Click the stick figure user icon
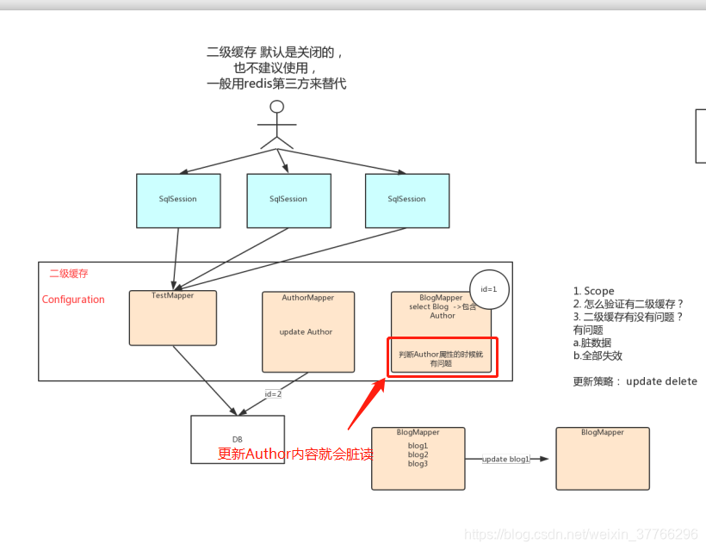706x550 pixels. pos(276,125)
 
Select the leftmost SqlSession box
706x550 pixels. pos(178,201)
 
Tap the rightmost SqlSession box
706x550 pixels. pos(406,201)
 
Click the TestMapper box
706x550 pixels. pos(173,318)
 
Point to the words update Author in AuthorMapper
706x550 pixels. pos(307,332)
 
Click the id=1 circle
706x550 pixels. pos(489,289)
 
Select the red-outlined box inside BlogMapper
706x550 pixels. pos(442,356)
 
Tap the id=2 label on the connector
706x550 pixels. pos(273,393)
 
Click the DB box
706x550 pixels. pos(238,439)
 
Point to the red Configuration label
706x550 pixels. pos(73,300)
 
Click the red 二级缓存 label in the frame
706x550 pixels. pos(69,274)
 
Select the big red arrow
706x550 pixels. pos(366,403)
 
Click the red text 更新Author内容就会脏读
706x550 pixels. pos(295,454)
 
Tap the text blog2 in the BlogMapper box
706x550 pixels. pos(418,454)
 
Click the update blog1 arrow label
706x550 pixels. pos(506,459)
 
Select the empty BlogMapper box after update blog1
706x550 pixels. pos(602,459)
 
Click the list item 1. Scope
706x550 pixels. pos(594,291)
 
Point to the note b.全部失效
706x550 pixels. pos(598,355)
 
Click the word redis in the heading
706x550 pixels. pos(257,83)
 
